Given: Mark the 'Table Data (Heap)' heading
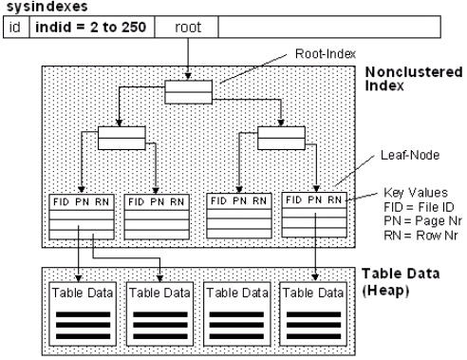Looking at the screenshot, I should [402, 281].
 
